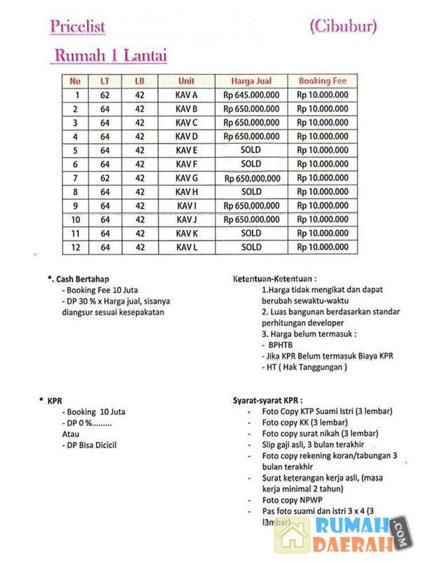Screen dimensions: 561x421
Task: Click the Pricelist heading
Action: (77, 27)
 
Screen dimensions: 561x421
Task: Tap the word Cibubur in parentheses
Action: (342, 27)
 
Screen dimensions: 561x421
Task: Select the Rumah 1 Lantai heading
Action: (110, 56)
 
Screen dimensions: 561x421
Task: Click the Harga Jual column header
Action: (251, 81)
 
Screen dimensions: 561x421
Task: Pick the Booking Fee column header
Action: (322, 81)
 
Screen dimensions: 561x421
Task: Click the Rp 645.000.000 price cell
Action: (251, 95)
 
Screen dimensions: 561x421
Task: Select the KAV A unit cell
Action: (187, 95)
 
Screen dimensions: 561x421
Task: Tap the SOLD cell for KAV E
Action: (251, 150)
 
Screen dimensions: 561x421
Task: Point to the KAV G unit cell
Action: (187, 178)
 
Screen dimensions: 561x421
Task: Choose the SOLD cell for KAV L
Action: (251, 248)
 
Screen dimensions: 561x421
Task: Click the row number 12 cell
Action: (76, 248)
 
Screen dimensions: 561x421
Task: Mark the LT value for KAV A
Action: (105, 95)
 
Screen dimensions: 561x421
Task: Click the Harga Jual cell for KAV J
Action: (251, 219)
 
